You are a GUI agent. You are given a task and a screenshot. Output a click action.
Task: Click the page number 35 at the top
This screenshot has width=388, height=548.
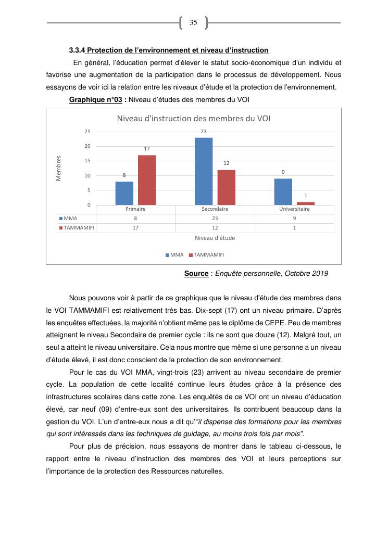point(193,23)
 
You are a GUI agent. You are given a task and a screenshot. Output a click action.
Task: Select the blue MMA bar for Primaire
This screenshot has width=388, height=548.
point(124,193)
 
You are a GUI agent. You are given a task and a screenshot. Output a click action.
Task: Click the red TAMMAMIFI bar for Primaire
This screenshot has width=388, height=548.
point(147,180)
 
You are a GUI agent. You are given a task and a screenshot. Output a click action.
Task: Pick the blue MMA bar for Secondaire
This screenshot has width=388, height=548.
point(204,171)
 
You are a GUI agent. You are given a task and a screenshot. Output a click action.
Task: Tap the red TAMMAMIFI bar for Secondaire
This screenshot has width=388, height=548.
point(227,187)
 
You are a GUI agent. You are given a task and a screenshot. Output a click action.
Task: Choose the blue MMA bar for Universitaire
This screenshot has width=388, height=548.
point(283,192)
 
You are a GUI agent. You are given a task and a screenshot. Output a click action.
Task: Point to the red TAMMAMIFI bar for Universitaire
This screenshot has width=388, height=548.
point(306,203)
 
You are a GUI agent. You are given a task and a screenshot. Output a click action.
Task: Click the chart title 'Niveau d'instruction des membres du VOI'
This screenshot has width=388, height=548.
point(194,119)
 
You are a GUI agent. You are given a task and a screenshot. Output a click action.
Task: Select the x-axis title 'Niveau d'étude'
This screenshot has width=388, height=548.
point(215,238)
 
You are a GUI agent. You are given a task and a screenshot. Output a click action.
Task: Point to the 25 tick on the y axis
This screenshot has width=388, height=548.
point(87,131)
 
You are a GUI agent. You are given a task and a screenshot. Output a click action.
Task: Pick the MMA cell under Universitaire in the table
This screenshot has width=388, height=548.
point(294,219)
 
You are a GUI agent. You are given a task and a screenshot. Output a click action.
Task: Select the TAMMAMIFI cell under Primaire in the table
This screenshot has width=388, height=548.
point(135,228)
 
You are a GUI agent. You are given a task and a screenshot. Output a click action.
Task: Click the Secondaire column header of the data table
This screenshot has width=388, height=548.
point(215,209)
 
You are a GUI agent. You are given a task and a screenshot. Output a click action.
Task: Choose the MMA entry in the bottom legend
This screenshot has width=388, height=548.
point(175,255)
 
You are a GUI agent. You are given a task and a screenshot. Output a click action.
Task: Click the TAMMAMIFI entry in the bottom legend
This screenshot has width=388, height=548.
point(206,255)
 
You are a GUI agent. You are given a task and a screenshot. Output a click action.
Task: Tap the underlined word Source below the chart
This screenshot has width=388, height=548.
point(196,273)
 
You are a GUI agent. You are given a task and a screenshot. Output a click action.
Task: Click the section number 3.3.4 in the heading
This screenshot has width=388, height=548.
point(77,50)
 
